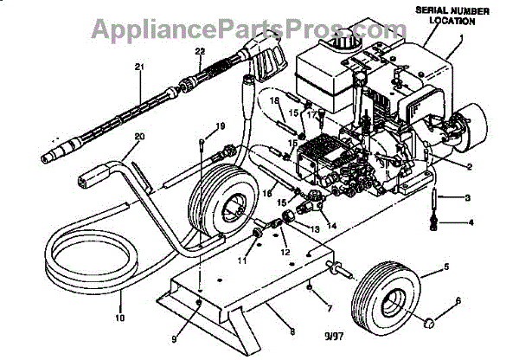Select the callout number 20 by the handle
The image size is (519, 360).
coord(140,136)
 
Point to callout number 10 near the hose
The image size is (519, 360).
coord(120,318)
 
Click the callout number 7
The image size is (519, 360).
coord(329,307)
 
